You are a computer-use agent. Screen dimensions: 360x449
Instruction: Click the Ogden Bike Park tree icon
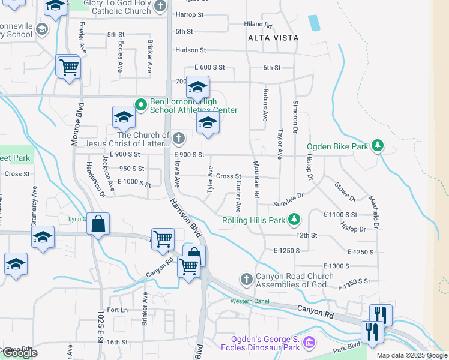[378, 146]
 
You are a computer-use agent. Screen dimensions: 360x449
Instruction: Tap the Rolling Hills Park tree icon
[294, 220]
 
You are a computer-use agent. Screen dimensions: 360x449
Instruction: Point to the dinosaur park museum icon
[310, 343]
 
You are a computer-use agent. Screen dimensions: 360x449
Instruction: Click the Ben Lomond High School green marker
[141, 105]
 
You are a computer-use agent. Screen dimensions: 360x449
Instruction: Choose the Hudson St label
[190, 50]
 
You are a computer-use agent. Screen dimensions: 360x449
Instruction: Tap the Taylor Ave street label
[279, 143]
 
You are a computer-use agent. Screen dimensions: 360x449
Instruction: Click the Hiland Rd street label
[258, 25]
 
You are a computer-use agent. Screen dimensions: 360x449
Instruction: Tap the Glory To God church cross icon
[160, 7]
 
